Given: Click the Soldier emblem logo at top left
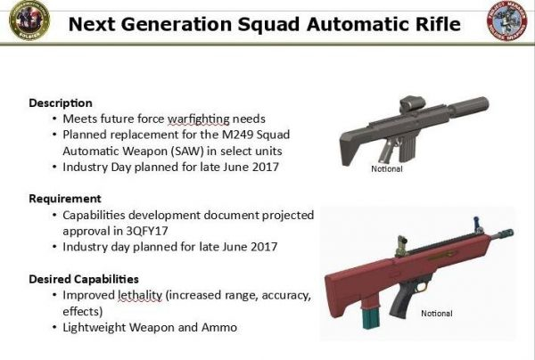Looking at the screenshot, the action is tap(29, 20).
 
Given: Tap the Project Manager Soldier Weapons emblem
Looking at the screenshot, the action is tap(507, 20).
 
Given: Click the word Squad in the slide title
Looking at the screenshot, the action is tap(268, 25).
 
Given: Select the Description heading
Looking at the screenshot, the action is tap(61, 103).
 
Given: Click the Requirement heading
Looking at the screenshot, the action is tap(65, 199).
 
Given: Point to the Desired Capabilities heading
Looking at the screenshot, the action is tap(84, 279).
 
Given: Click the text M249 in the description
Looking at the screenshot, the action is tap(237, 135).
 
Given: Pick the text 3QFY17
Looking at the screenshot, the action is tap(147, 231).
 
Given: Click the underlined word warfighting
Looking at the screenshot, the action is tap(198, 119).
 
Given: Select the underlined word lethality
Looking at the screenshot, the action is tap(140, 296).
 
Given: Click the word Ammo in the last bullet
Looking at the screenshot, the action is tap(219, 328).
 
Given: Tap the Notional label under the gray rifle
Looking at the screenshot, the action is tap(387, 168).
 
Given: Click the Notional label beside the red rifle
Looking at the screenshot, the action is tap(437, 314).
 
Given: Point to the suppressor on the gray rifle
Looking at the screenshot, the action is tap(468, 107).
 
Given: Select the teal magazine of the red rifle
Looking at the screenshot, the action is tap(371, 318).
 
